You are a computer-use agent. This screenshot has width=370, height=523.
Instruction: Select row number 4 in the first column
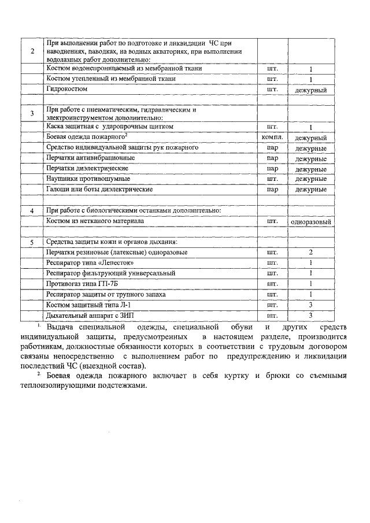pyautogui.click(x=32, y=210)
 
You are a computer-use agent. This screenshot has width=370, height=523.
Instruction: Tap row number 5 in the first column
pyautogui.click(x=32, y=242)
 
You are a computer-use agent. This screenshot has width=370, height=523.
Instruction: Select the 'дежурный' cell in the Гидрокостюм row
pyautogui.click(x=310, y=90)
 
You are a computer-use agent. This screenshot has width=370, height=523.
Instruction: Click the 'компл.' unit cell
pyautogui.click(x=271, y=138)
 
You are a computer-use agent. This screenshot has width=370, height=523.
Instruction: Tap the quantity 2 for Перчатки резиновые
pyautogui.click(x=310, y=253)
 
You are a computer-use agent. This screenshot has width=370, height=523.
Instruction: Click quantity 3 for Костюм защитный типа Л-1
pyautogui.click(x=310, y=305)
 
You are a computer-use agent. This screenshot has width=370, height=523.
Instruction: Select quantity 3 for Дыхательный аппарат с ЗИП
pyautogui.click(x=310, y=315)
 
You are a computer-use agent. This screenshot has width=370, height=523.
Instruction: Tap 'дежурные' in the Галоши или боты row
pyautogui.click(x=310, y=190)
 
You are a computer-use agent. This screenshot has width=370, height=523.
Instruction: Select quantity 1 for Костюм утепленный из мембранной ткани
pyautogui.click(x=310, y=79)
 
